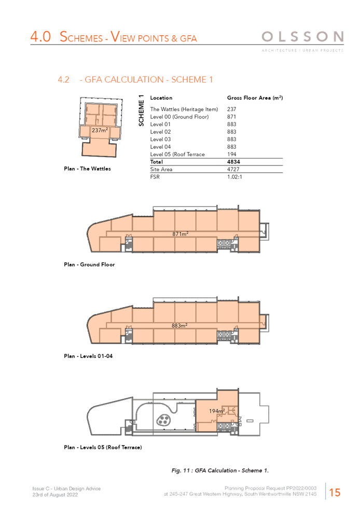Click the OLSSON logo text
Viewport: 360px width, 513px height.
303,37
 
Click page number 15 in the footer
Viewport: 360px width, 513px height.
335,492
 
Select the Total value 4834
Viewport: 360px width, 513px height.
233,162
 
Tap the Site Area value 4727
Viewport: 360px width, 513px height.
233,170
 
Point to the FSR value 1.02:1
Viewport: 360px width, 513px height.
234,177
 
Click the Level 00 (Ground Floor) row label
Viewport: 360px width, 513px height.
179,117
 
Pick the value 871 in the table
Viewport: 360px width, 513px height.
231,117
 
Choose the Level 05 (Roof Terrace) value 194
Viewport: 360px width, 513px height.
231,155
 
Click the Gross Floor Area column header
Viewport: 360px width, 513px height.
255,98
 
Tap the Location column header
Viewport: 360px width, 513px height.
161,98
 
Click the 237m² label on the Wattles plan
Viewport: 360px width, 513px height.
100,130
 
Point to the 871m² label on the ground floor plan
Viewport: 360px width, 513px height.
181,234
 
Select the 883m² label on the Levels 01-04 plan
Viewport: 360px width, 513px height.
179,326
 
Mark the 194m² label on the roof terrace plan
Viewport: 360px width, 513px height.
217,411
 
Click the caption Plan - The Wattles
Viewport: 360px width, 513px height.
87,169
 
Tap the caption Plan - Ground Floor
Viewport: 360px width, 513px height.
89,265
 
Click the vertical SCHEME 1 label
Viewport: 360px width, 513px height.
142,110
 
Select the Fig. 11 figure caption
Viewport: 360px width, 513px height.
220,470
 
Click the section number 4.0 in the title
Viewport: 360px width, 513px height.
40,37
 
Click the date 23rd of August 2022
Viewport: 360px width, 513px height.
55,495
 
